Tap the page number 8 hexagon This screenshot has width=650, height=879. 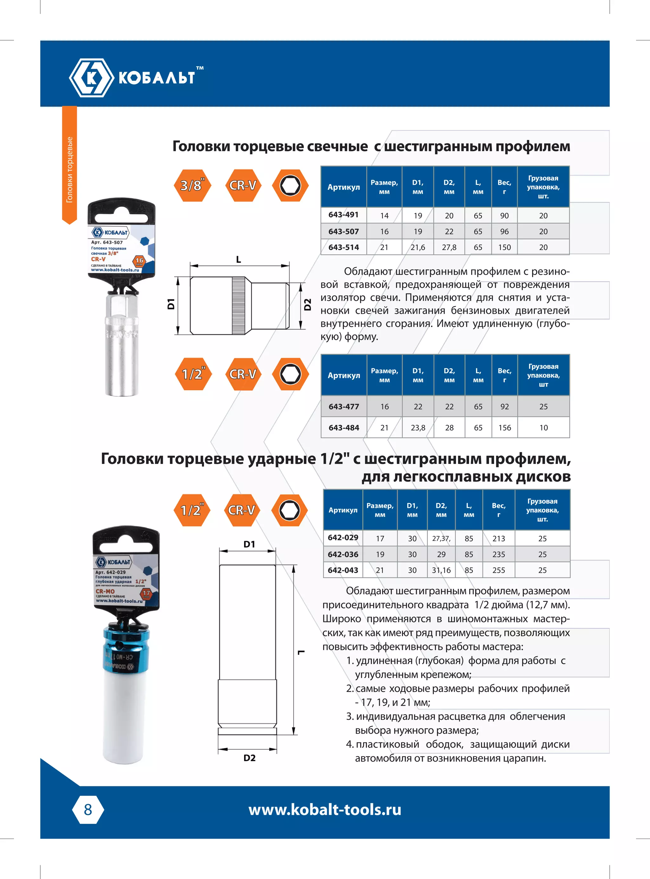(x=88, y=810)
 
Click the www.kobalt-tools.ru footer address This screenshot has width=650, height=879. (x=325, y=810)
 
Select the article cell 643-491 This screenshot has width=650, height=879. (x=343, y=215)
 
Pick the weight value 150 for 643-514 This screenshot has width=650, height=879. (x=504, y=248)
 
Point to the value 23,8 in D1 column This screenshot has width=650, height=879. (x=418, y=427)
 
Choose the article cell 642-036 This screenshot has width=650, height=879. (x=343, y=554)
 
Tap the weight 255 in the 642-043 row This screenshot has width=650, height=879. (x=499, y=570)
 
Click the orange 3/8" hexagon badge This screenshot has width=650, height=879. (x=192, y=185)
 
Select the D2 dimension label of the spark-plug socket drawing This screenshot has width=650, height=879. (x=308, y=304)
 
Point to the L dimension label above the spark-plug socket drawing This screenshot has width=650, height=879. (x=238, y=260)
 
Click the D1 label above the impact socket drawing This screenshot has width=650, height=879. (x=249, y=544)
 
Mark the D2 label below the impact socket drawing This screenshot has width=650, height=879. (x=249, y=758)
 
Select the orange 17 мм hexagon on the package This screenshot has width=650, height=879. (x=146, y=593)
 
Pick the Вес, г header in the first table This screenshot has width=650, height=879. (x=504, y=187)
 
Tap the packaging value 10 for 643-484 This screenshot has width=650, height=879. (x=543, y=427)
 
